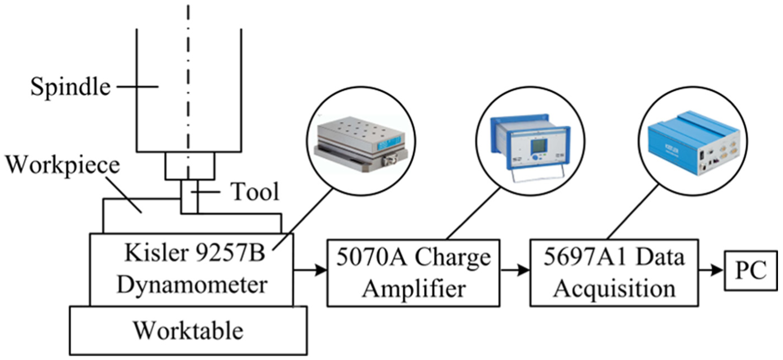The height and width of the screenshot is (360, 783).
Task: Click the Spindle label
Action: [x=71, y=87]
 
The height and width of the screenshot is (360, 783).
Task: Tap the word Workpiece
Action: [x=63, y=165]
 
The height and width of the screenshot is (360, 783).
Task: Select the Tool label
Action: [x=255, y=192]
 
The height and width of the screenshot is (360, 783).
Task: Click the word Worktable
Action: [x=189, y=331]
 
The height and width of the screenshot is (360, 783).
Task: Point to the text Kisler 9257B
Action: [x=195, y=253]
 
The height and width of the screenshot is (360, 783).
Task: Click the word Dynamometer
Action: [x=192, y=285]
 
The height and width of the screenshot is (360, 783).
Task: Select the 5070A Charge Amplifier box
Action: [x=414, y=273]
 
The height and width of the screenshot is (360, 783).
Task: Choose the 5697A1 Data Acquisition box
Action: [x=614, y=273]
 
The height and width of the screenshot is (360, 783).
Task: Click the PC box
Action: [x=751, y=270]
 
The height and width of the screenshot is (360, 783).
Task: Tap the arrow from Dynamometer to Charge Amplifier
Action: [x=310, y=270]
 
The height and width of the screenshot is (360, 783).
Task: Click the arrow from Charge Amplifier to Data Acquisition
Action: [x=515, y=270]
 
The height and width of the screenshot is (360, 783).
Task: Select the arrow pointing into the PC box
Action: [x=711, y=270]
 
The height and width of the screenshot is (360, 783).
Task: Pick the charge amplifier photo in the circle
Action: [x=531, y=147]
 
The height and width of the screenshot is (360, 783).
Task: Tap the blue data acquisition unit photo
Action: [x=694, y=143]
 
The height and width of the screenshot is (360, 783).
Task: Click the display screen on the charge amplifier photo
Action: [x=539, y=146]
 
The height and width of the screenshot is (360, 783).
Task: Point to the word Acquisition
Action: [x=614, y=289]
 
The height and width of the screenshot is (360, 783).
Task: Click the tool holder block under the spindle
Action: [x=190, y=166]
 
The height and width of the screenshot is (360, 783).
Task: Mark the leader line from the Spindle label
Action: [x=137, y=86]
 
